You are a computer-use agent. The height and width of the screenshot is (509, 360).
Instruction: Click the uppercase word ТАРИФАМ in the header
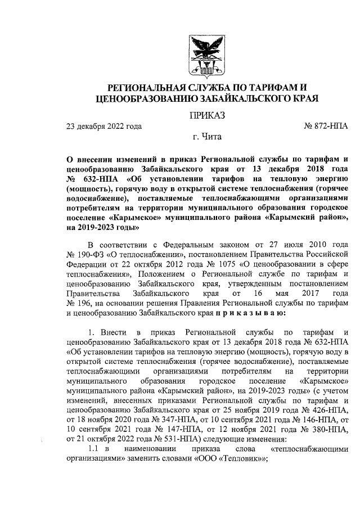tap(269, 88)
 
